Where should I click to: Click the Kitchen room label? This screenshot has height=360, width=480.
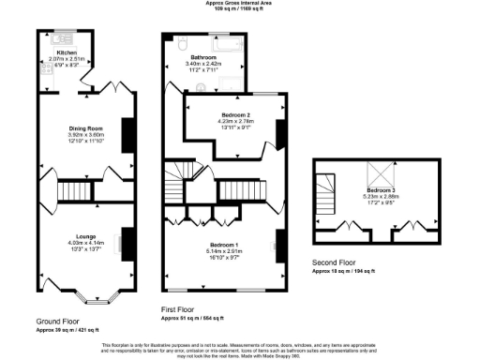pyautogui.click(x=65, y=52)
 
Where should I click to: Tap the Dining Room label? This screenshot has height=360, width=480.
pyautogui.click(x=84, y=127)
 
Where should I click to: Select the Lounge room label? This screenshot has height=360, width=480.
pyautogui.click(x=83, y=236)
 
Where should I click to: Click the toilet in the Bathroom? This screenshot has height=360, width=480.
pyautogui.click(x=180, y=42)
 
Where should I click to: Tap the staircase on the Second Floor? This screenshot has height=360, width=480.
pyautogui.click(x=325, y=200)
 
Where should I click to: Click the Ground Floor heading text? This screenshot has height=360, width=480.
pyautogui.click(x=56, y=321)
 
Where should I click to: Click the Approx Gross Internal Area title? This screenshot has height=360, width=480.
pyautogui.click(x=240, y=4)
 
